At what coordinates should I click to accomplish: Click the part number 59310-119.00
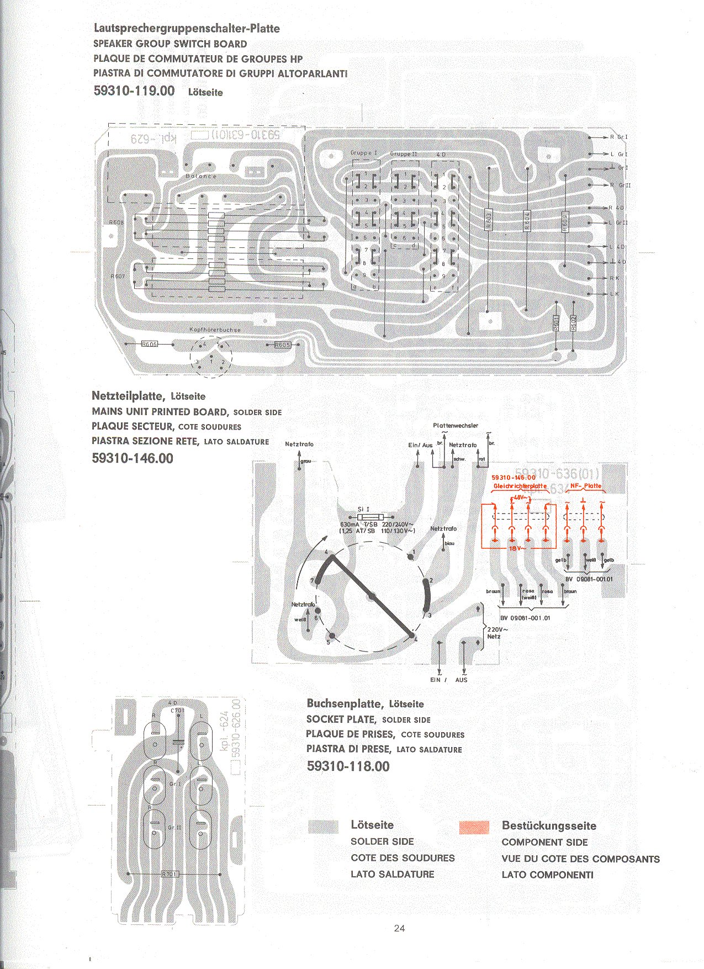pos(134,91)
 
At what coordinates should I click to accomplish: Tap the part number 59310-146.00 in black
pos(133,458)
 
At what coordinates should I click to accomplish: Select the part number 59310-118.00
pos(348,766)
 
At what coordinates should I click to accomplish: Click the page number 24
pos(399,928)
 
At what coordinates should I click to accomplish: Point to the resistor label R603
pos(488,220)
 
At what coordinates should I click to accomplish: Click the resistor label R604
pos(527,221)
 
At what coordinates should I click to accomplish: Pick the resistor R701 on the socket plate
pos(170,874)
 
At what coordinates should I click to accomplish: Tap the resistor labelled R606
pos(150,344)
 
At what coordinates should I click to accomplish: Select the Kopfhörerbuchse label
pos(215,330)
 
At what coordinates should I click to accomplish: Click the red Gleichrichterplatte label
pos(520,486)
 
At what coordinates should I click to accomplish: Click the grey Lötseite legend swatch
pos(323,827)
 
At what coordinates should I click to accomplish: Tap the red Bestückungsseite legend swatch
pos(474,827)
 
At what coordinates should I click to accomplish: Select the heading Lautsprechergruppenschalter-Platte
pos(187,28)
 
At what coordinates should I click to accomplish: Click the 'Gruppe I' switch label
pos(363,153)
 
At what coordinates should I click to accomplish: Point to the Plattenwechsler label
pos(456,426)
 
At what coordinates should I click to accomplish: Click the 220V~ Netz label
pos(495,633)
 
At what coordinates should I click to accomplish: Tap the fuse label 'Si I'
pos(363,509)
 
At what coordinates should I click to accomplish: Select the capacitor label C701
pos(177,711)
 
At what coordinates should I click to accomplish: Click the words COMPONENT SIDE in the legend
pos(544,842)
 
